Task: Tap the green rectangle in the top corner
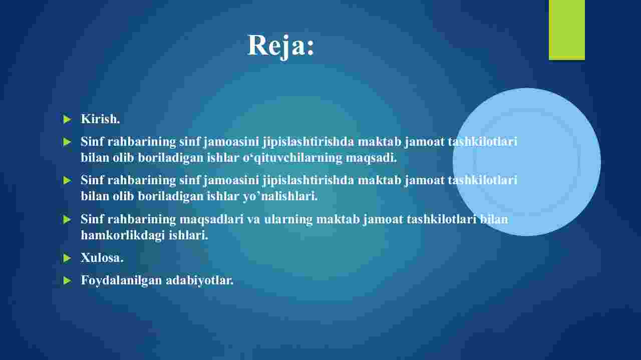pos(566,30)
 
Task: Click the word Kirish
pos(100,119)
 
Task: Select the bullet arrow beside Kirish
pos(67,119)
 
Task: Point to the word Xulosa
pos(102,257)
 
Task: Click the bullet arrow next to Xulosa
pos(67,258)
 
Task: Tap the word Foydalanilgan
pos(121,280)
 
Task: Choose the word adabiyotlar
pos(200,280)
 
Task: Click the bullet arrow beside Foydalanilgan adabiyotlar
pos(67,280)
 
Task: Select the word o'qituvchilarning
pos(292,158)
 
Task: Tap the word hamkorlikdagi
pos(123,235)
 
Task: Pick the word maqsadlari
pos(211,220)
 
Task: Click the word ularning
pos(288,219)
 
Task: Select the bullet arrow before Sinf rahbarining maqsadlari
pos(67,219)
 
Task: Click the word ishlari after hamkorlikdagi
pos(188,235)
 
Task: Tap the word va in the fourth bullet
pos(253,220)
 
